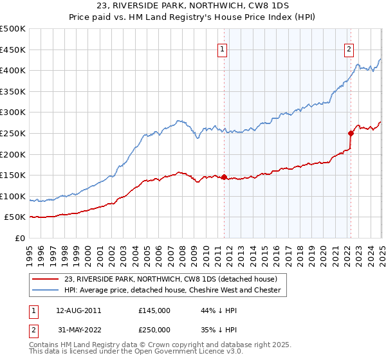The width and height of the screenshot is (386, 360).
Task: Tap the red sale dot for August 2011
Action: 224,177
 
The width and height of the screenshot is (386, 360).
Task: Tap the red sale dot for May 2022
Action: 351,133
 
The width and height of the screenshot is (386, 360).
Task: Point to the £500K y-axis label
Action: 13,29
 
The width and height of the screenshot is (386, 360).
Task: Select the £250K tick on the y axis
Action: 13,133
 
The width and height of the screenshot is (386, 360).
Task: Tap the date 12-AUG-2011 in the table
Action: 76,310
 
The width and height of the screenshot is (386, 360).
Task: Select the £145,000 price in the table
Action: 154,310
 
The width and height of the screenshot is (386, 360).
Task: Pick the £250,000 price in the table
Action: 154,330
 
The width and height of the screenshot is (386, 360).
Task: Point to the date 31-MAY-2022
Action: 76,330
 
